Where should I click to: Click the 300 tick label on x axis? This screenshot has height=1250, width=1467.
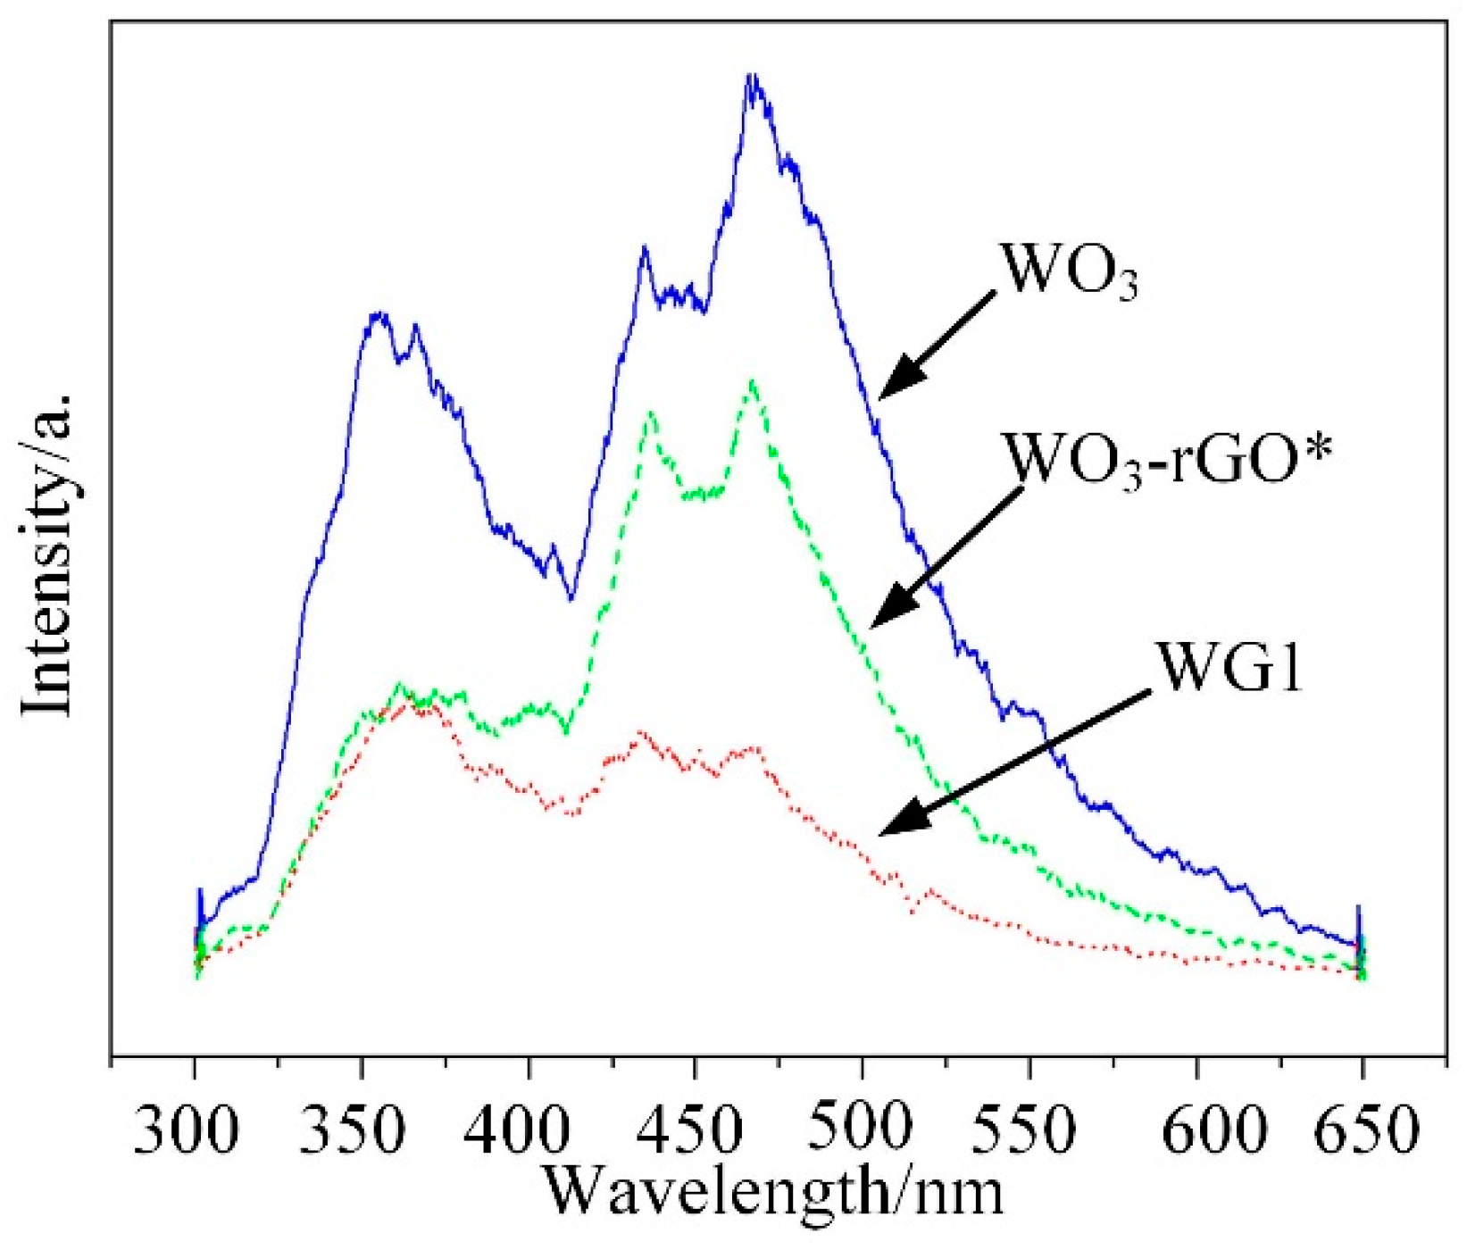point(187,1132)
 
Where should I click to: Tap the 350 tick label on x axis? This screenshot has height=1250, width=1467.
point(354,1132)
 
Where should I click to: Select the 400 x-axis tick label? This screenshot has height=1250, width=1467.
point(521,1132)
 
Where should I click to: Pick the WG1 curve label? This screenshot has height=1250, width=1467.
point(1229,667)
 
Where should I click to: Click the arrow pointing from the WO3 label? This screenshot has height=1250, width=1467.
point(938,342)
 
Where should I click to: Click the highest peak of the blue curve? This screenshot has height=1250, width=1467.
point(753,79)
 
